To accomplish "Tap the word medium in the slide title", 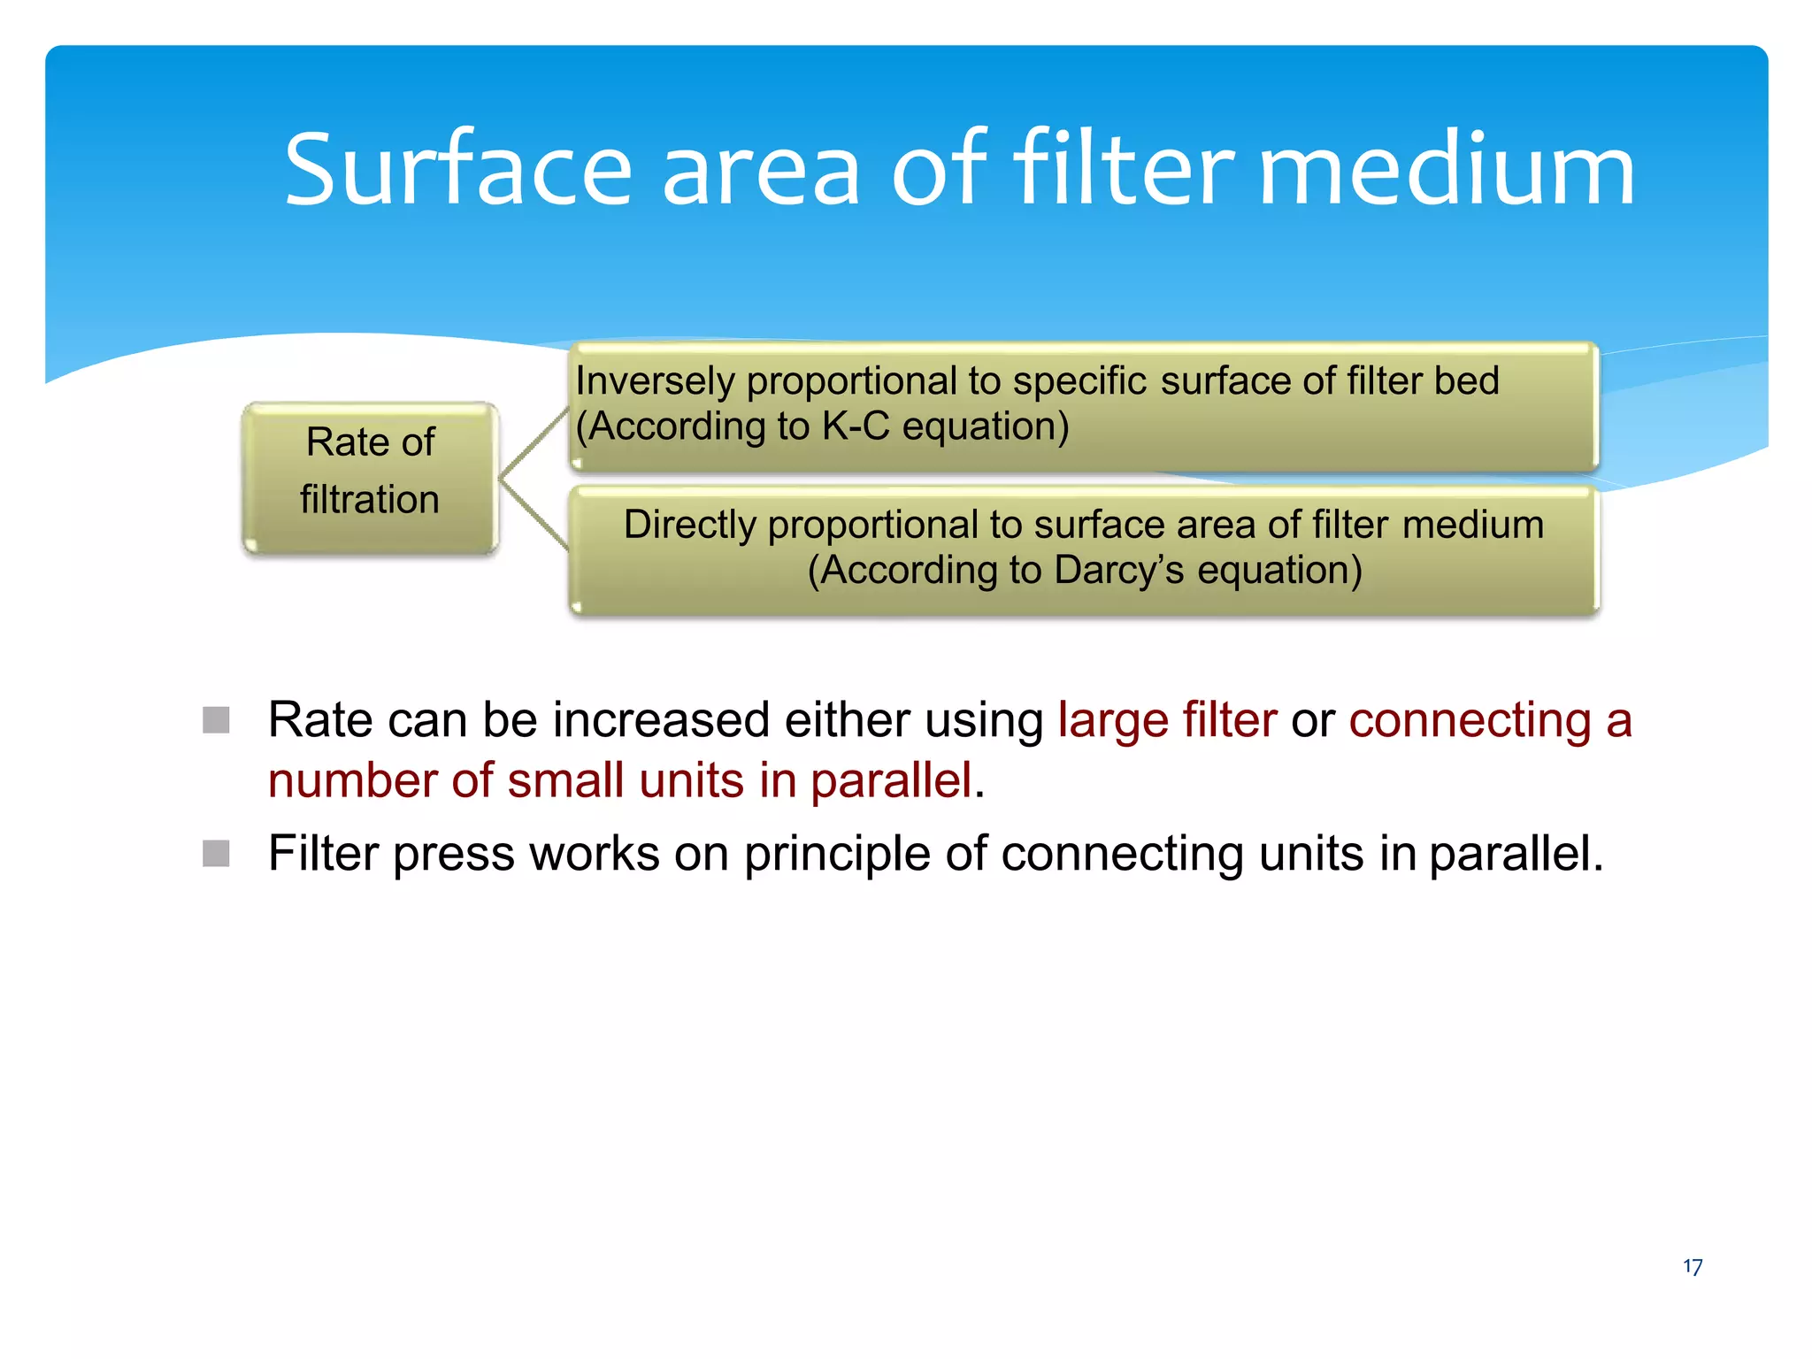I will tap(1446, 169).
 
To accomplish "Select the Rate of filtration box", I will tap(370, 478).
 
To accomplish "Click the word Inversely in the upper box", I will tap(655, 381).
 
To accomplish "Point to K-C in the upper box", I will tap(855, 426).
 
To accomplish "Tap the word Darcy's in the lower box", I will tap(1119, 571).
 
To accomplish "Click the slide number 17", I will tap(1692, 1267).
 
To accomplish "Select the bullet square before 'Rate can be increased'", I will tap(216, 720).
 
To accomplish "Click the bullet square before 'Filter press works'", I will tap(216, 854).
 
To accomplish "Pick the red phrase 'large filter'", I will tap(1167, 719).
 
